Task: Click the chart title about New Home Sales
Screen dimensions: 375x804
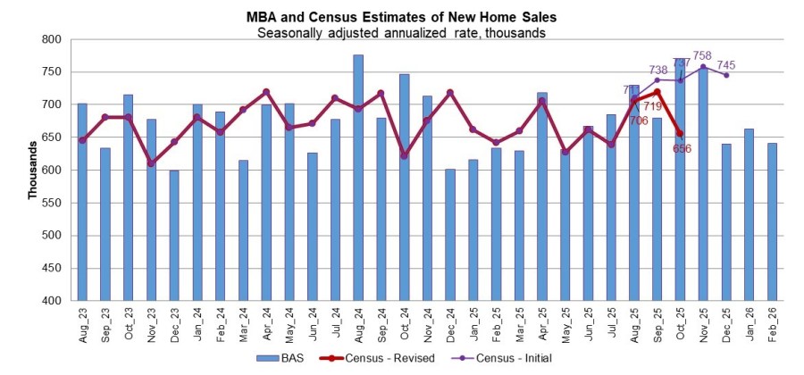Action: click(x=401, y=17)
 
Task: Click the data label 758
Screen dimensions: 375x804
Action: click(x=703, y=55)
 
